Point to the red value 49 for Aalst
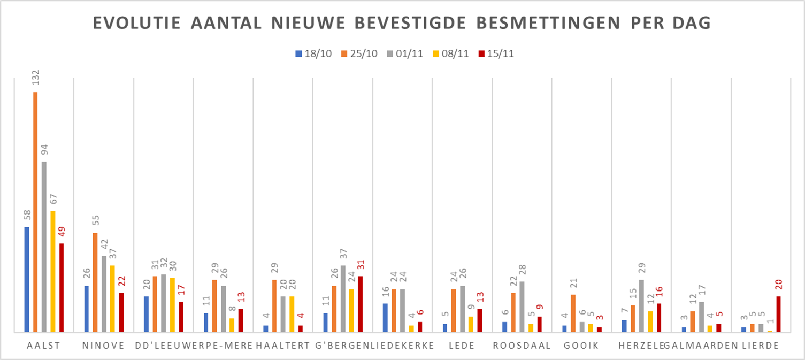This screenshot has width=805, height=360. (x=62, y=233)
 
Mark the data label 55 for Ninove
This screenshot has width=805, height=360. (x=95, y=222)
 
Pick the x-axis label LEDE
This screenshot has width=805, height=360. (x=463, y=346)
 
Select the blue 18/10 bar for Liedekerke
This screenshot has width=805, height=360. (x=385, y=318)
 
